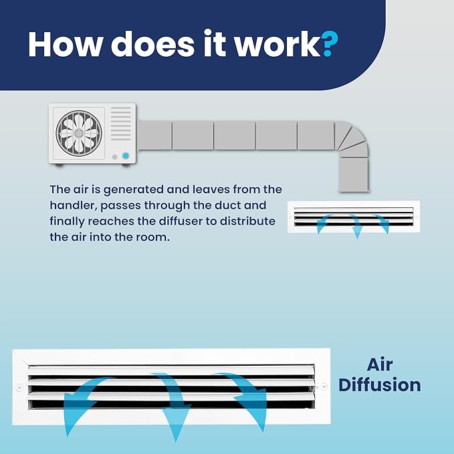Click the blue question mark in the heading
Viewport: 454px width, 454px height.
click(x=330, y=43)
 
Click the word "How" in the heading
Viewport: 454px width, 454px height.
click(x=66, y=43)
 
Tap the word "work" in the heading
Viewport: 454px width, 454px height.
click(x=277, y=43)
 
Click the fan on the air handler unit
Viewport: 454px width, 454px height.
click(x=79, y=133)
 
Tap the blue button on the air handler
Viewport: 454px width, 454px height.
click(x=126, y=156)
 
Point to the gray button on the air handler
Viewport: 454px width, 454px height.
click(x=114, y=157)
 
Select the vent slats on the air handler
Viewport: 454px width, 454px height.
click(x=121, y=124)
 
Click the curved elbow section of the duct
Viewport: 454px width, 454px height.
click(x=351, y=139)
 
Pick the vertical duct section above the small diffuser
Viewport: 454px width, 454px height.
click(x=354, y=175)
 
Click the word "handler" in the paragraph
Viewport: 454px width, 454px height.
click(x=72, y=205)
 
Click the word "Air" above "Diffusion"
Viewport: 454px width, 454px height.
click(x=380, y=365)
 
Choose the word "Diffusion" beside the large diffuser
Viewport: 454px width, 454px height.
click(x=380, y=385)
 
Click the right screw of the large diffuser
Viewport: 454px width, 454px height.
click(x=324, y=386)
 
